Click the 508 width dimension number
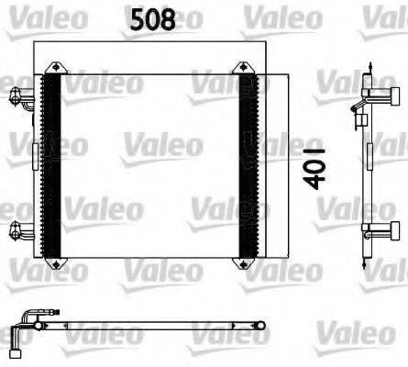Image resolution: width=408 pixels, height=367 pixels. click(154, 20)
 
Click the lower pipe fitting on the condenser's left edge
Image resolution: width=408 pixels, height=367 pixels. click(20, 229)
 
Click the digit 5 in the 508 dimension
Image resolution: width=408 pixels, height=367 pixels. click(133, 20)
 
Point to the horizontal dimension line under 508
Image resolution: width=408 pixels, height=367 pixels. click(154, 42)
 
